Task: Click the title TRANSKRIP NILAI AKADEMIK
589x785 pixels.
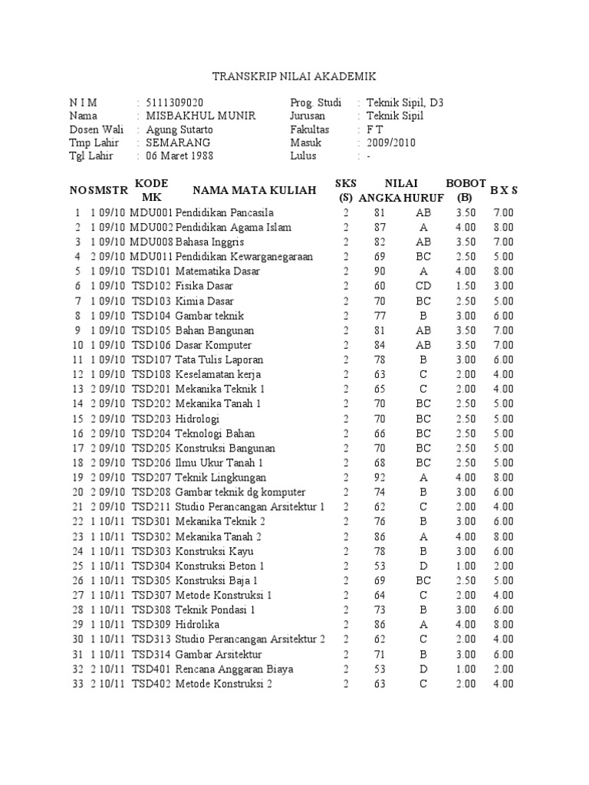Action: click(x=294, y=77)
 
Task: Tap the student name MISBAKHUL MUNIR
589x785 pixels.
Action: click(x=200, y=116)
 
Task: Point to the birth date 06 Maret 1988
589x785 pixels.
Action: click(x=179, y=156)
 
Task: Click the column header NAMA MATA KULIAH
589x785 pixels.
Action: click(x=255, y=190)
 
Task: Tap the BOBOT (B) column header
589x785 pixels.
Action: click(x=466, y=189)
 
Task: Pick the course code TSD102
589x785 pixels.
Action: click(x=152, y=286)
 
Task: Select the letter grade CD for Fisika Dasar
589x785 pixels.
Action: click(x=423, y=286)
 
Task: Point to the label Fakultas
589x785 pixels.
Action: click(x=310, y=130)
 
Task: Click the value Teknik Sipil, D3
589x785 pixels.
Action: click(x=404, y=103)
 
